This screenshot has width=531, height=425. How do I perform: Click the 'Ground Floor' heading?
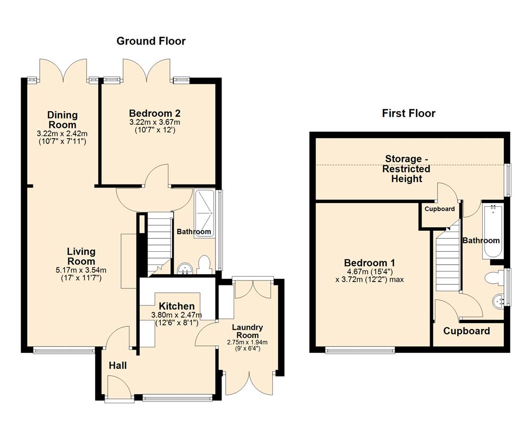(x=151, y=41)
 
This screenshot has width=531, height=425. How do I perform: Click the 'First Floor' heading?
(x=408, y=113)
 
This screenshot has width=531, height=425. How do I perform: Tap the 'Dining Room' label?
(x=62, y=119)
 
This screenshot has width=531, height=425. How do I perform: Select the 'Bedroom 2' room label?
(x=155, y=113)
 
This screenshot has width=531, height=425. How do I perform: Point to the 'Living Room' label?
(x=81, y=256)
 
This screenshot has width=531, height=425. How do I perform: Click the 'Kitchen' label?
(x=176, y=307)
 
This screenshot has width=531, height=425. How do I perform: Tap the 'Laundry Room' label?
(x=247, y=331)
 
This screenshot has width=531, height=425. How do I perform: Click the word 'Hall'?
(x=117, y=365)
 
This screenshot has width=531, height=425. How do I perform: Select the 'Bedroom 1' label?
(x=370, y=263)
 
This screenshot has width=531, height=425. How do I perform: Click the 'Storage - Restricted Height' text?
(x=407, y=168)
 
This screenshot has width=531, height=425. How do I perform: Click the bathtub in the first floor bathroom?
(x=492, y=231)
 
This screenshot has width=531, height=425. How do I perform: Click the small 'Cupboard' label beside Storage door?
(x=440, y=209)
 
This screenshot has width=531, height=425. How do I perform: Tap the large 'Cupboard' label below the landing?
(x=466, y=331)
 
